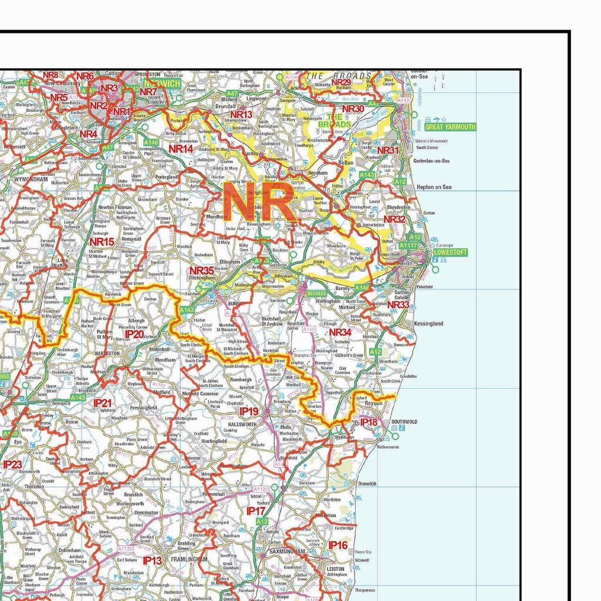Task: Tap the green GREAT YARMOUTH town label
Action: point(450,127)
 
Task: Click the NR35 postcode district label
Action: point(201,271)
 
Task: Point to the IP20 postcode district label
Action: point(134,334)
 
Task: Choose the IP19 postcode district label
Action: point(249,411)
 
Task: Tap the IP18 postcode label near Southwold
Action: point(369,422)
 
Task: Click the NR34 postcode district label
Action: point(340,333)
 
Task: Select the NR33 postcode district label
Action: point(398,305)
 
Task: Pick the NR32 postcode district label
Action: point(394,219)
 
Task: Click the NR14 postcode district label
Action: point(181,149)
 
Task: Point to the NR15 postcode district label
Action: point(102,241)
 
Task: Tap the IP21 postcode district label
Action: point(103,403)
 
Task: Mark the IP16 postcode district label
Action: point(338,545)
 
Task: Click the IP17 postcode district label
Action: point(256,511)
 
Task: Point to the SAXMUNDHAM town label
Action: point(287,552)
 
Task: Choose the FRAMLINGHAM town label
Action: point(188,560)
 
